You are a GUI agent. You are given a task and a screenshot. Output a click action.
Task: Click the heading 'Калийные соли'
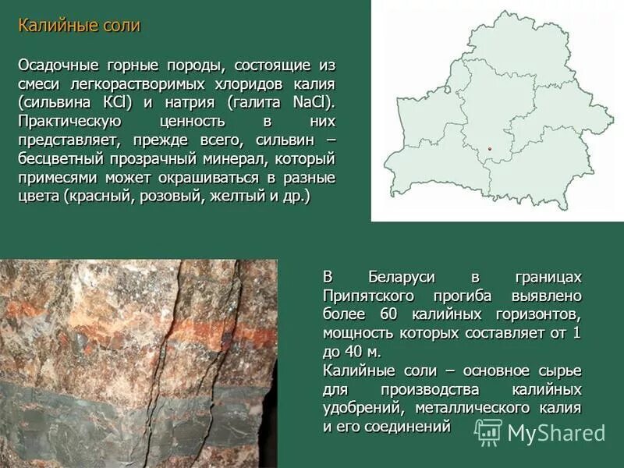coord(79,26)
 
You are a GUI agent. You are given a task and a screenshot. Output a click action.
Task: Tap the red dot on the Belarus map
coord(490,148)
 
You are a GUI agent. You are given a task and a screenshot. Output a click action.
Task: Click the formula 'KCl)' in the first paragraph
coord(115,102)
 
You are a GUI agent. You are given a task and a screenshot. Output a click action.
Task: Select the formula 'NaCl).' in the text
coord(314,102)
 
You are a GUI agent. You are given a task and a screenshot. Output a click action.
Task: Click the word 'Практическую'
coord(69,121)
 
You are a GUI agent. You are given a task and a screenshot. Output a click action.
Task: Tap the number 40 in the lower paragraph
coord(352,352)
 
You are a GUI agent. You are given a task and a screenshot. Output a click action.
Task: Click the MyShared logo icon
coord(488,432)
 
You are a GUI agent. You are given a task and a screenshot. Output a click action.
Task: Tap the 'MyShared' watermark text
coord(556,434)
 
